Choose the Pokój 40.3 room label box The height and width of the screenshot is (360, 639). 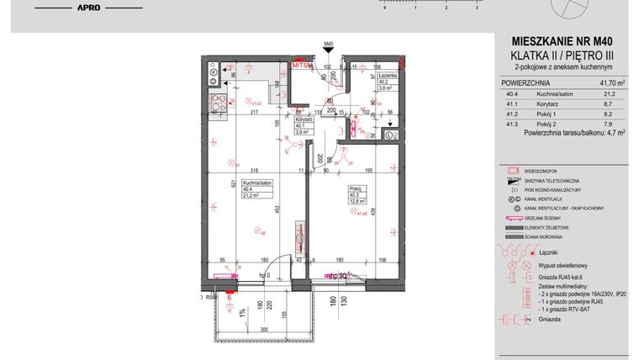pyautogui.click(x=358, y=193)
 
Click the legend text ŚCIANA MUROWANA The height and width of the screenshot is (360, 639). pyautogui.click(x=547, y=236)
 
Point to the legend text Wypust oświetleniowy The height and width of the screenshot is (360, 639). pyautogui.click(x=564, y=265)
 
